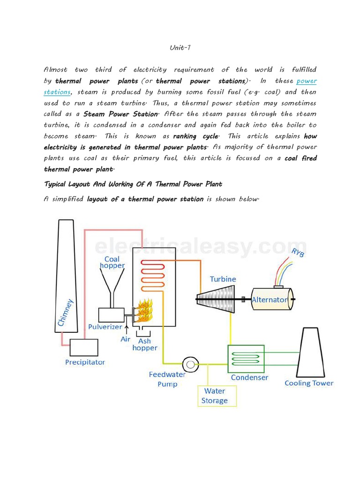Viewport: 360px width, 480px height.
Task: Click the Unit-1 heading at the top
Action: coord(180,47)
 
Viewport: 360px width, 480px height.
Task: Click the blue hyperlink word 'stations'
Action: coord(57,92)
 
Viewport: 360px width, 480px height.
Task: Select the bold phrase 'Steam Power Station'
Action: coord(120,114)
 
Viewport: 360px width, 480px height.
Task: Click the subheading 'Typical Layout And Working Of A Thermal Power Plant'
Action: coord(133,184)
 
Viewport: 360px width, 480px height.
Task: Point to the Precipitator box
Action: coord(84,347)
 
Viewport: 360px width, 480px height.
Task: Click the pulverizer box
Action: coord(111,315)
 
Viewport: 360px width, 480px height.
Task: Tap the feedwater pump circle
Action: coord(190,364)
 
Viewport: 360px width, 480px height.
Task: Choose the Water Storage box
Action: coord(217,396)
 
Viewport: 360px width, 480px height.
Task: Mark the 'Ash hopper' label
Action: coord(145,345)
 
